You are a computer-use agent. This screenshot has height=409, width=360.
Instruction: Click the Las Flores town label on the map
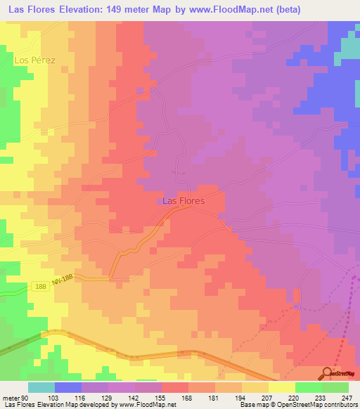point(184,201)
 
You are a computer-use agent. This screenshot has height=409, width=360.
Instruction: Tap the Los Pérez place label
point(34,60)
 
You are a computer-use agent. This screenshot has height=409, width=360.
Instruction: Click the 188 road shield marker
point(41,286)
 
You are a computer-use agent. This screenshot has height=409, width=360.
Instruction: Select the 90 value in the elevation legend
point(25,398)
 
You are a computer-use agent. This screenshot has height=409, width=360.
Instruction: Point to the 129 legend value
point(108,398)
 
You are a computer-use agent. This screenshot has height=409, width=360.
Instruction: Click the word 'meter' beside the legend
point(11,398)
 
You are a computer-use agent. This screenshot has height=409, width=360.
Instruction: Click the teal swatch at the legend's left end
point(41,387)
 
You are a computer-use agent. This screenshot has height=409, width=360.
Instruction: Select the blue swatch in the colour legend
point(68,387)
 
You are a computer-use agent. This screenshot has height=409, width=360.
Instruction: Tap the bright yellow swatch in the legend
point(281,387)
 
